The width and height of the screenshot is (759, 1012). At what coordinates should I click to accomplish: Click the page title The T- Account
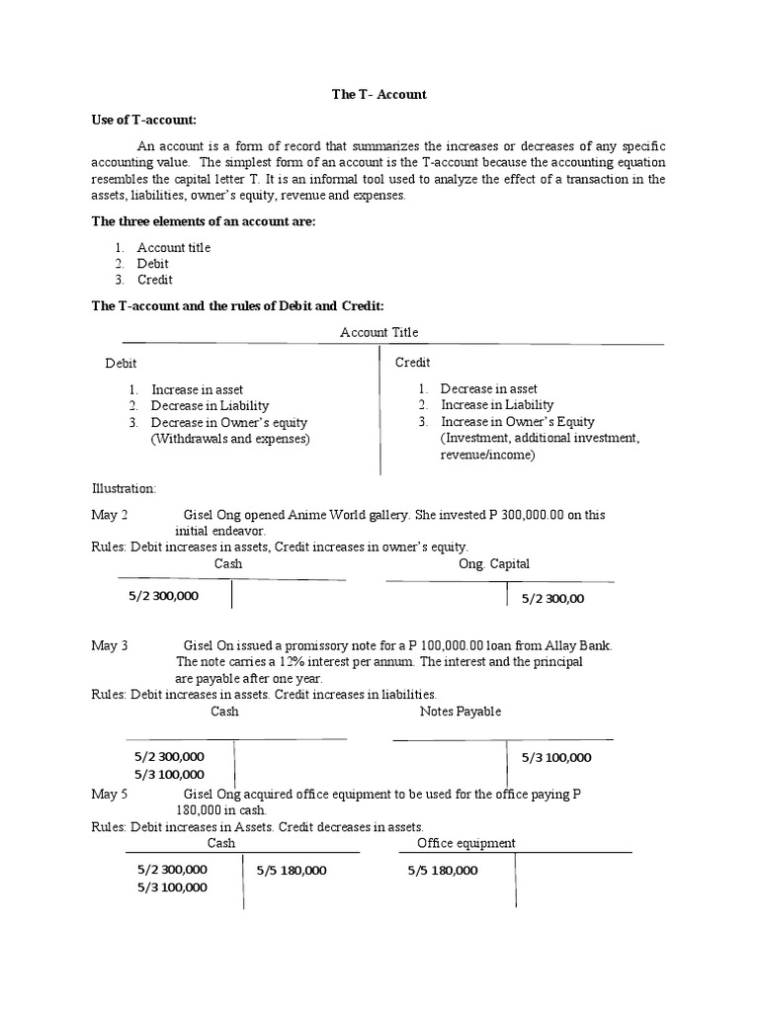coord(379,94)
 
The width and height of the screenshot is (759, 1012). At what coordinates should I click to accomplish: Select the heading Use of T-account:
coord(144,120)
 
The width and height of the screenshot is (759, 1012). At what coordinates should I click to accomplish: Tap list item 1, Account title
coord(173,247)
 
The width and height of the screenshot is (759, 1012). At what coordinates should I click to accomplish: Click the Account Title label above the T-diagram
coord(379,332)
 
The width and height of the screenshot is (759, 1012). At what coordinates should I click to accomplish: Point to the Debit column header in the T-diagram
coord(122,363)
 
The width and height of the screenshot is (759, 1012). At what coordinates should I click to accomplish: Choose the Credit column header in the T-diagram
coord(413,363)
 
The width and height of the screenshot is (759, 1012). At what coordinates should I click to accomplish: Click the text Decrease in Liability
coord(210,405)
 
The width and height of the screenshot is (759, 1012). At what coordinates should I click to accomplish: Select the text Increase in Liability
coord(497,404)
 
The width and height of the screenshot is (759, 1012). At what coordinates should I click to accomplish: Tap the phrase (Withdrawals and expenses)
coord(230,438)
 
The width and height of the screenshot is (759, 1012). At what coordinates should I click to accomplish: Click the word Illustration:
coord(124,488)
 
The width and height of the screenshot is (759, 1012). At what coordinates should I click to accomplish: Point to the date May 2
coord(110,515)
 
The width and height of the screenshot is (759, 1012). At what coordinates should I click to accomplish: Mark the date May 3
coord(110,645)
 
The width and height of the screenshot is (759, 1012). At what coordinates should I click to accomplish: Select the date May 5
coord(110,794)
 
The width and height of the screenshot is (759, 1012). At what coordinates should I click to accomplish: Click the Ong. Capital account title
coord(494,563)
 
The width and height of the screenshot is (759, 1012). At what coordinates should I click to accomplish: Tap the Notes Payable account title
coord(461,711)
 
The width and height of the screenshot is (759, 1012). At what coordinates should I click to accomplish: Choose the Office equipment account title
coord(466,843)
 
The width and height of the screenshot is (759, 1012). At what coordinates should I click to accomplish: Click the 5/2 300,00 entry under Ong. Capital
coord(552,598)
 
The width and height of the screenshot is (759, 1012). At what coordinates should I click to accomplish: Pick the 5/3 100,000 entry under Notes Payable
coord(556,757)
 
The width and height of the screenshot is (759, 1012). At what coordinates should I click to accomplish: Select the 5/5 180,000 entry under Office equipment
coord(443,871)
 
